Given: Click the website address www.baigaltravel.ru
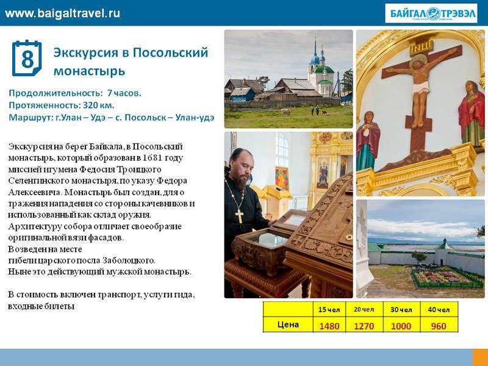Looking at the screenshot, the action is [x=62, y=13].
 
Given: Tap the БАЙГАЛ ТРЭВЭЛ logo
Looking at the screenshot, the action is [x=431, y=13].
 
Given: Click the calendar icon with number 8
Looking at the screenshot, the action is [x=27, y=58].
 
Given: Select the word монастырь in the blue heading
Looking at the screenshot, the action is [x=89, y=71].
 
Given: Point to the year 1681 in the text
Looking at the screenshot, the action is [x=152, y=158].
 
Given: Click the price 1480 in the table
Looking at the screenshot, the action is [x=329, y=326].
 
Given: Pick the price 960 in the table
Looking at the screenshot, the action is [x=439, y=326].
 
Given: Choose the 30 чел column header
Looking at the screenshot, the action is [x=401, y=310].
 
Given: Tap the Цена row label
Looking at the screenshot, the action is [x=288, y=325].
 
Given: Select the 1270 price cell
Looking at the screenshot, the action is [x=364, y=326].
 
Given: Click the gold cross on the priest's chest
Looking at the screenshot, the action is [x=239, y=216].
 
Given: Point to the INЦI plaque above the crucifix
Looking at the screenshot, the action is [x=421, y=48].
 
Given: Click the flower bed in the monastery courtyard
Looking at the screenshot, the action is [x=447, y=277].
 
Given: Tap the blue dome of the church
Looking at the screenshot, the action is [x=315, y=59].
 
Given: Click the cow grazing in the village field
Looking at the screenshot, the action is [x=286, y=112].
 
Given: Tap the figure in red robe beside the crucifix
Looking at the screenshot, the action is [x=471, y=113].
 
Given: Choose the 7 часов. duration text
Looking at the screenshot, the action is [x=124, y=93].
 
